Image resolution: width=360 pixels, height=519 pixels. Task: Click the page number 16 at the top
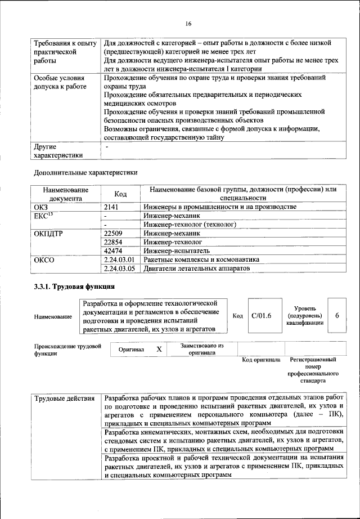[x=188, y=24]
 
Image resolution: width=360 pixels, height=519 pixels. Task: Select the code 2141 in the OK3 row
[x=114, y=207]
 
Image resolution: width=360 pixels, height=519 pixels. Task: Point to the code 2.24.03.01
[x=121, y=259]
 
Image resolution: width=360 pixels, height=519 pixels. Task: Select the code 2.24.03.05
[x=121, y=269]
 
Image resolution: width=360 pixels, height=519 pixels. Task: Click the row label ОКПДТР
[x=51, y=233]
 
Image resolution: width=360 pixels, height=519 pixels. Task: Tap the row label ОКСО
[x=45, y=259]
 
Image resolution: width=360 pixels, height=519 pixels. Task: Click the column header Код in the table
[x=120, y=194]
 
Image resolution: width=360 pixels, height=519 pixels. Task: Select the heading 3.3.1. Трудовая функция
[x=70, y=288]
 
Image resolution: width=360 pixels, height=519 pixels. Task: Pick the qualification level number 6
[x=336, y=316]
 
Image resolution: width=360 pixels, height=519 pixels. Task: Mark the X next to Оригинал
[x=159, y=350]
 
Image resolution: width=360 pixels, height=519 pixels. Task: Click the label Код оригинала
[x=260, y=360]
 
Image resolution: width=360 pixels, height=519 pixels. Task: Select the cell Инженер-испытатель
[x=177, y=250]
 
